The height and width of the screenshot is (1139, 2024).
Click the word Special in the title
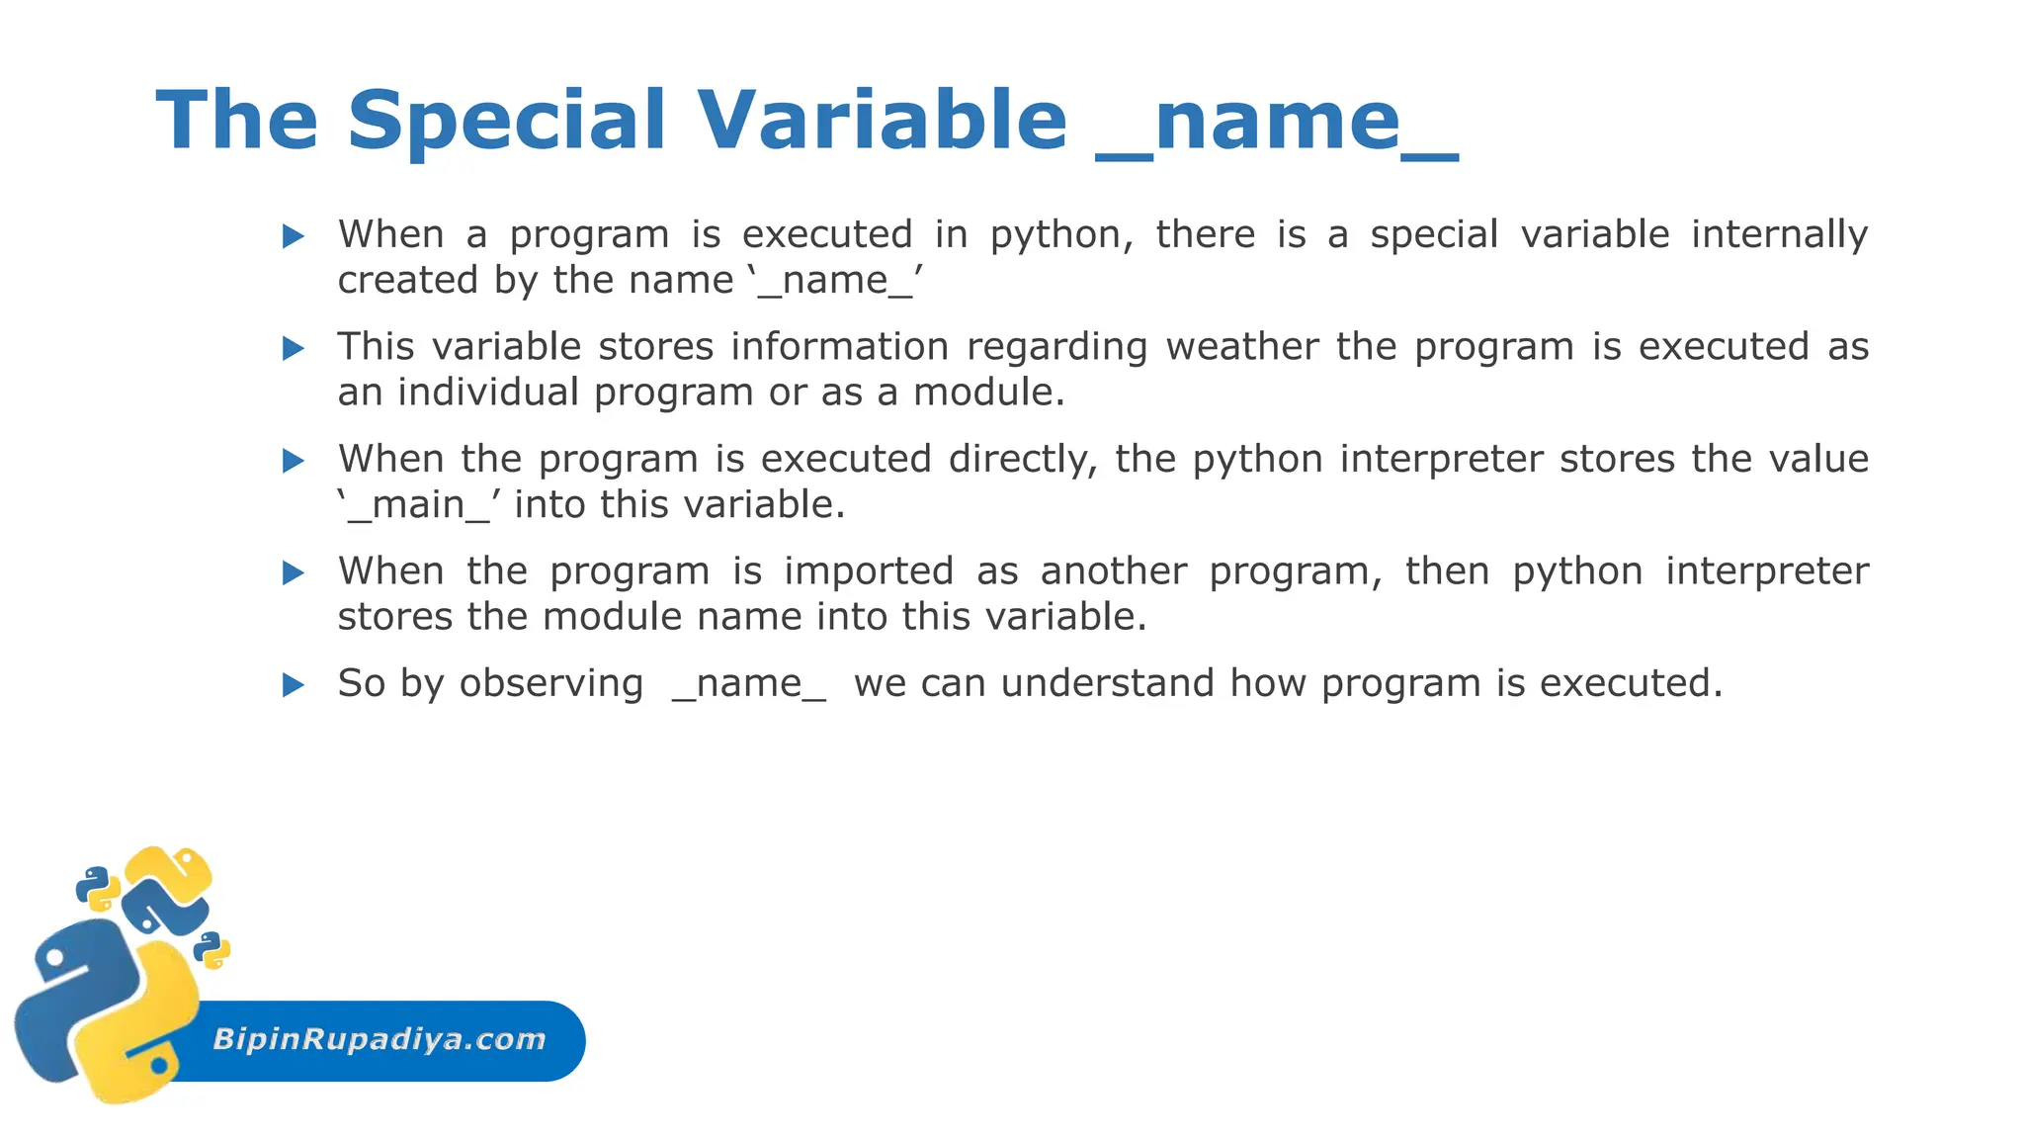point(506,121)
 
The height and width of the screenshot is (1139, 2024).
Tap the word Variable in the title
point(882,121)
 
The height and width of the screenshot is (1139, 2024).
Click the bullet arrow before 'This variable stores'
point(293,348)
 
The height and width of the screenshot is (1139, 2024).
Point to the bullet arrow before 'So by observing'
point(293,684)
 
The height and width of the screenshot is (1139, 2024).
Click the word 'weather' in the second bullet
point(1241,347)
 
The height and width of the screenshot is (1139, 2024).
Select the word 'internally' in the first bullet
point(1779,235)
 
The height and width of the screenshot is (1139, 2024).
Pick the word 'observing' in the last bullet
point(550,684)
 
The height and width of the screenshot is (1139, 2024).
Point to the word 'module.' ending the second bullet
point(988,393)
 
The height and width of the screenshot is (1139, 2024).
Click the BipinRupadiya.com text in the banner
point(379,1039)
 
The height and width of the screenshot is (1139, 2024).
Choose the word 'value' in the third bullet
point(1818,459)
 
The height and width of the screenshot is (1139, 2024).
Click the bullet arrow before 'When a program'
point(293,236)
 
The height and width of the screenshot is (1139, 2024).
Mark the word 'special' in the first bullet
point(1433,235)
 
